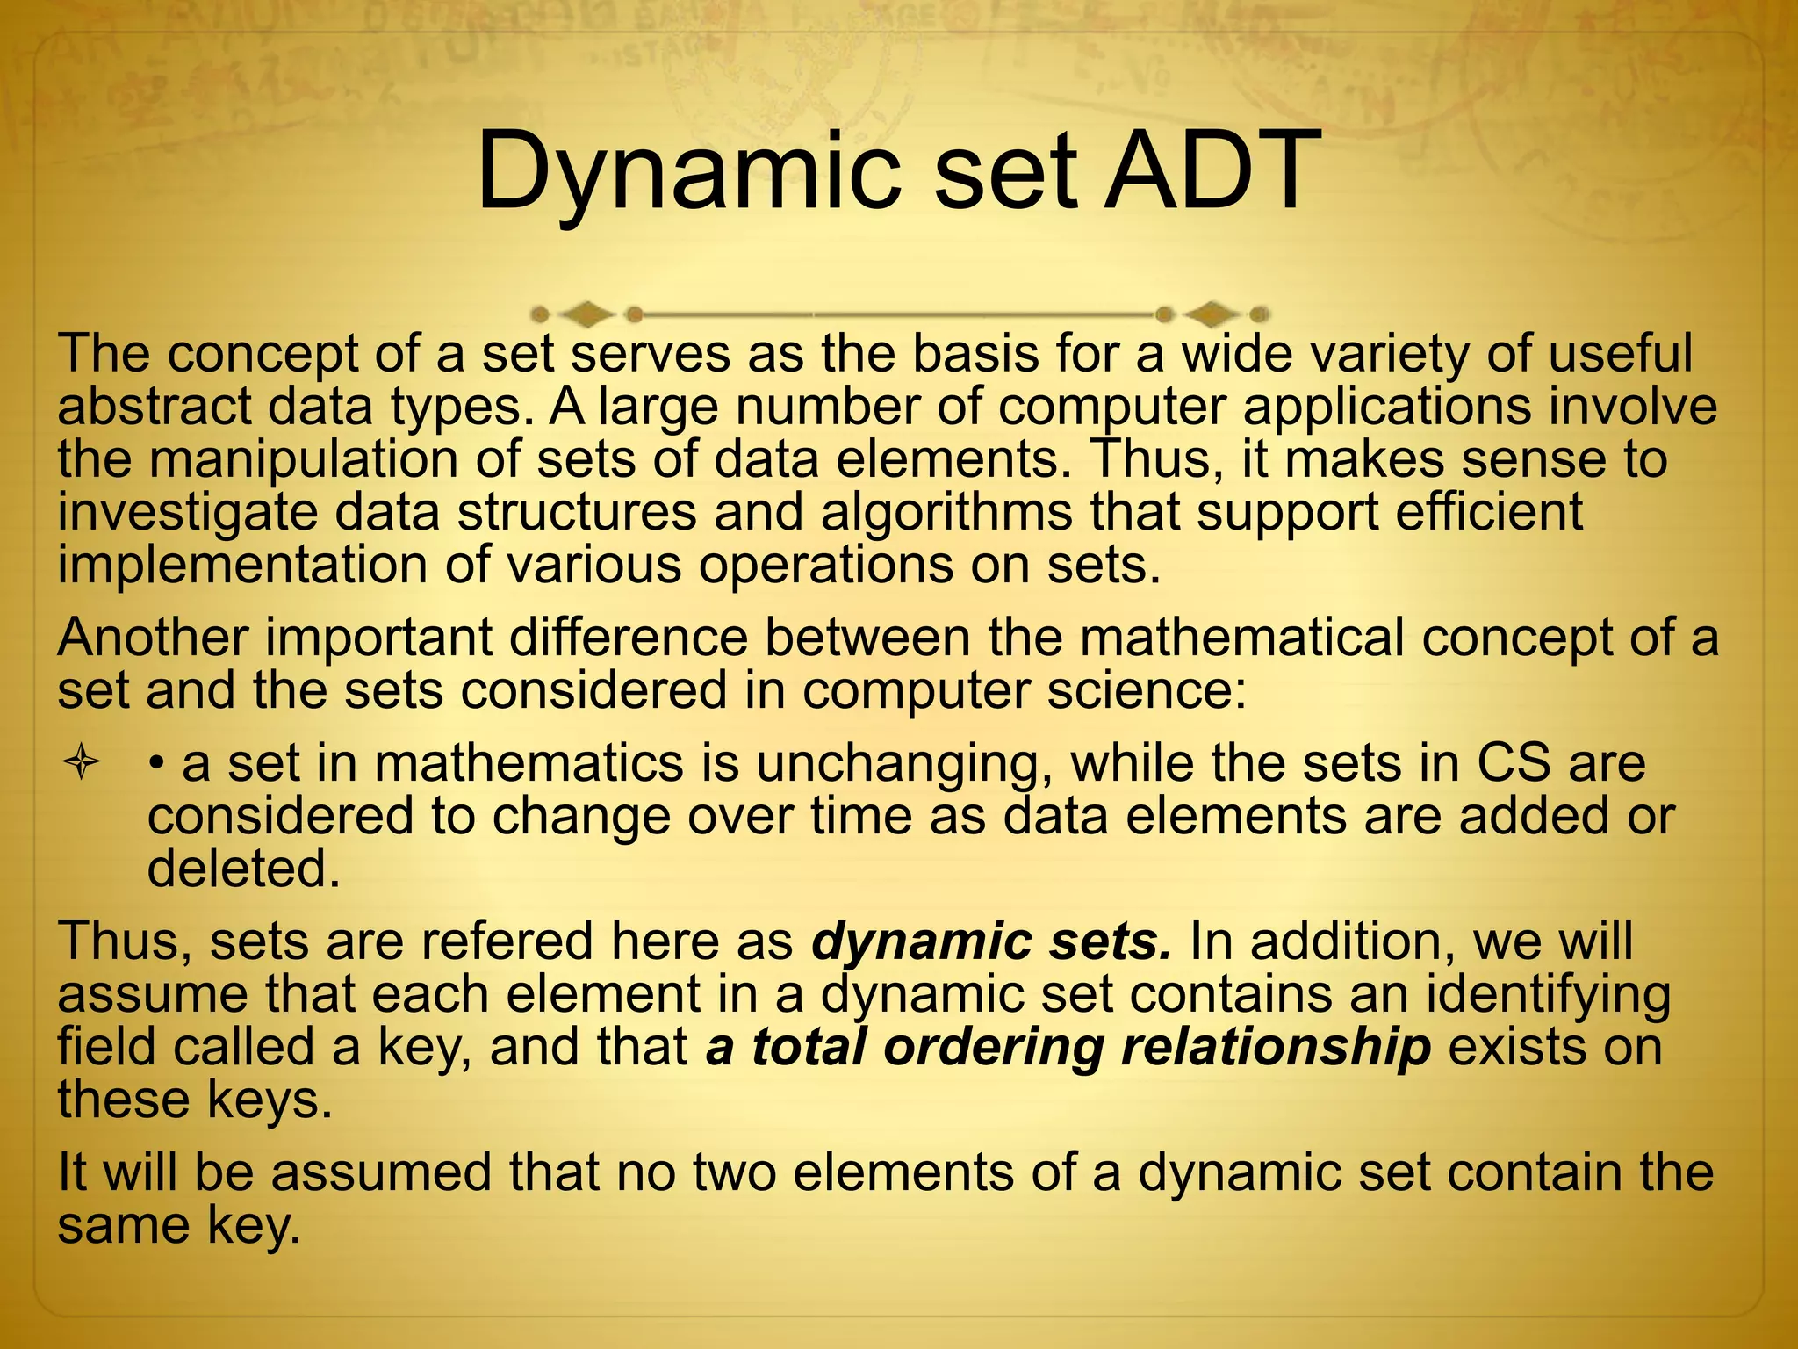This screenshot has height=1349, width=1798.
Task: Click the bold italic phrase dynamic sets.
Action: click(992, 941)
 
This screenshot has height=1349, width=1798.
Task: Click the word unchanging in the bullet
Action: click(904, 762)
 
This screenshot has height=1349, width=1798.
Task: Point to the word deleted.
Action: click(243, 869)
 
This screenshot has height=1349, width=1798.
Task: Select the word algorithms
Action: click(946, 512)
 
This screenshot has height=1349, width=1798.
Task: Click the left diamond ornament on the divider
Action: click(586, 314)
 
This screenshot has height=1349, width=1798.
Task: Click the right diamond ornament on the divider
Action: click(1212, 314)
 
